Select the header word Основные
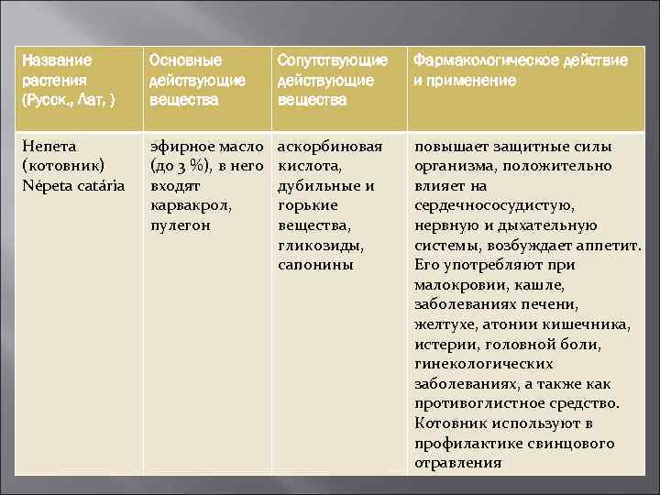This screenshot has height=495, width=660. click(x=185, y=60)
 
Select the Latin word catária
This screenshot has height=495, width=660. click(x=102, y=186)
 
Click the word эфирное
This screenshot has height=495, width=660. click(x=182, y=146)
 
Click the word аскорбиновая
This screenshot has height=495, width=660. click(x=329, y=146)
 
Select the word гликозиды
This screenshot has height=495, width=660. click(x=321, y=246)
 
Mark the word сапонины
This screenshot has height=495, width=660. click(x=315, y=265)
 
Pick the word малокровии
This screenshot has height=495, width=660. click(x=455, y=285)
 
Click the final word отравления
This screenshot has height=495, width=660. click(x=458, y=463)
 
